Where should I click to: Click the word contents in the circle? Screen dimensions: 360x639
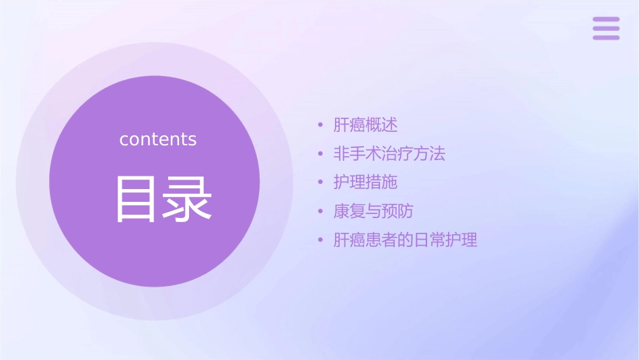coord(158,139)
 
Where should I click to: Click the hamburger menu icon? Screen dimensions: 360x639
coord(606,29)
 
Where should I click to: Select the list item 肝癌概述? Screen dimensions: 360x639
coord(365,125)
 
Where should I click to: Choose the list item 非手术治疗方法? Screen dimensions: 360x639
coord(389,154)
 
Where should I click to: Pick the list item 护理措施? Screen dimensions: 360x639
coord(365,182)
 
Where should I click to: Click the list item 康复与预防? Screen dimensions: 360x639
coord(373,211)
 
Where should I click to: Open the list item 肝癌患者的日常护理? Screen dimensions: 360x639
coord(405,240)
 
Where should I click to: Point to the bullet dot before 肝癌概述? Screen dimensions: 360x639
coord(321,126)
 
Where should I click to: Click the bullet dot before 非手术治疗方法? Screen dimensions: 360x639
coord(321,155)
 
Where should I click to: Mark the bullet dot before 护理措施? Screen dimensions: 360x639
coord(321,183)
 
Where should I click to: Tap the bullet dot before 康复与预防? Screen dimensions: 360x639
coord(321,212)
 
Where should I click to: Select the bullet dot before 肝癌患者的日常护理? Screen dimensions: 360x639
coord(321,240)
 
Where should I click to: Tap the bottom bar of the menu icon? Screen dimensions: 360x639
coord(606,38)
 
